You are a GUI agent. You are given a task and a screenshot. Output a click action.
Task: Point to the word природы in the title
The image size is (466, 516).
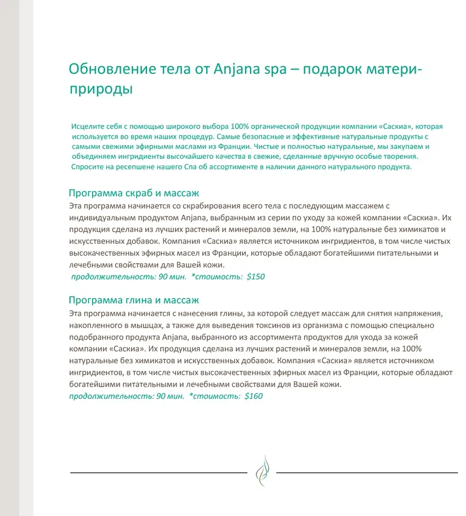[101, 88]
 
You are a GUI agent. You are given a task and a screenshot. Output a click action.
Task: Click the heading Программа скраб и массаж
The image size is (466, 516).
[134, 193]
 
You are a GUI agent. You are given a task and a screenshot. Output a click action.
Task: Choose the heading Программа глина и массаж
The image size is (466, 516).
[134, 300]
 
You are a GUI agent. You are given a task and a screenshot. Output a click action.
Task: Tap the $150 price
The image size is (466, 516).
[255, 277]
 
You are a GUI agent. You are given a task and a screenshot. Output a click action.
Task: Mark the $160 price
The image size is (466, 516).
[253, 395]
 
